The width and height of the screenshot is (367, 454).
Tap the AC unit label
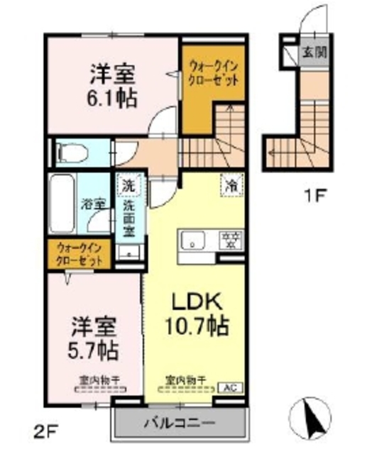pyautogui.click(x=229, y=387)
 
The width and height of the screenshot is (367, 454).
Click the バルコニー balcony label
pyautogui.click(x=180, y=423)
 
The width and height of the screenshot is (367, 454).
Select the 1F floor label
pyautogui.click(x=315, y=198)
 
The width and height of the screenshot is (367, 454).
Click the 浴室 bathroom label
pyautogui.click(x=98, y=204)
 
